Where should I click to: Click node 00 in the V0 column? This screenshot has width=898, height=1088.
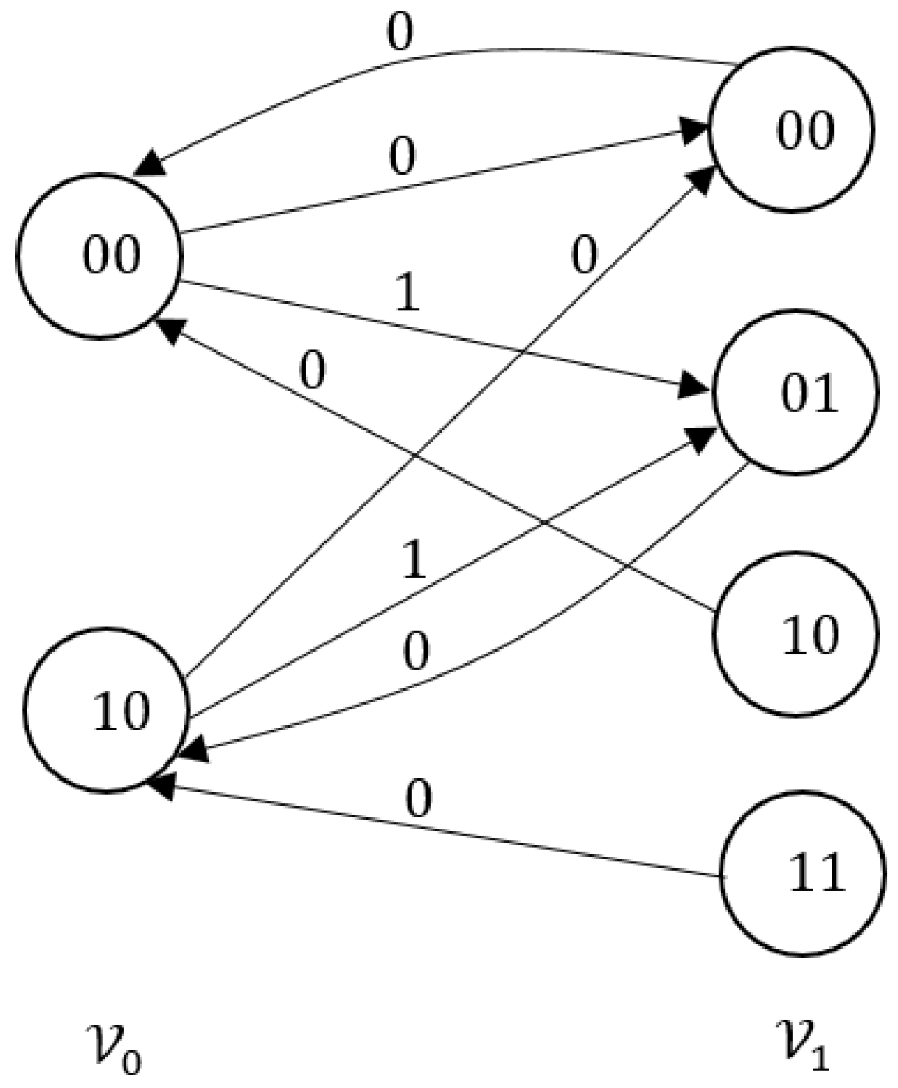[x=99, y=257]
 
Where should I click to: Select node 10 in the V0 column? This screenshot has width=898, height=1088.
[x=106, y=711]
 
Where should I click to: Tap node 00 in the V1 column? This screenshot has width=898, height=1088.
[x=792, y=130]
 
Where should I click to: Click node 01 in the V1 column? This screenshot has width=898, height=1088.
[x=796, y=391]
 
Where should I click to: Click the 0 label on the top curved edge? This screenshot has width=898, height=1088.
[x=400, y=33]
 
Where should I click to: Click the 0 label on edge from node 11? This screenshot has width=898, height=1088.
[x=418, y=801]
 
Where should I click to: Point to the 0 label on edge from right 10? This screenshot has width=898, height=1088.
[x=313, y=371]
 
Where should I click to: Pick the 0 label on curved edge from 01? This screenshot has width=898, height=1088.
[x=417, y=652]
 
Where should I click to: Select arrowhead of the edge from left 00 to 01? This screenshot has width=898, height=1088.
[x=695, y=386]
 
